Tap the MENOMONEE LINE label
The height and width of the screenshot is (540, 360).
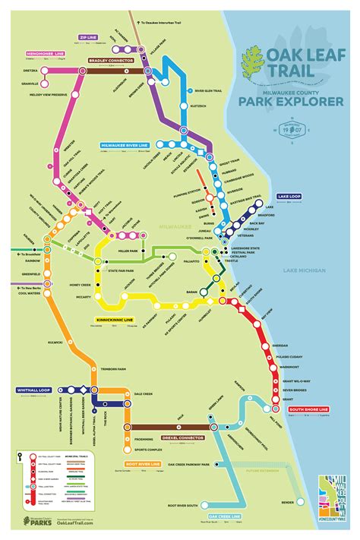tap(45, 55)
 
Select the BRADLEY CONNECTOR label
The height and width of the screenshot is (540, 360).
tap(111, 58)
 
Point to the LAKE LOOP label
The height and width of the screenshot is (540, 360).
tap(290, 196)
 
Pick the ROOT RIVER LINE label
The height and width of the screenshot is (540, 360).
tap(143, 463)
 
